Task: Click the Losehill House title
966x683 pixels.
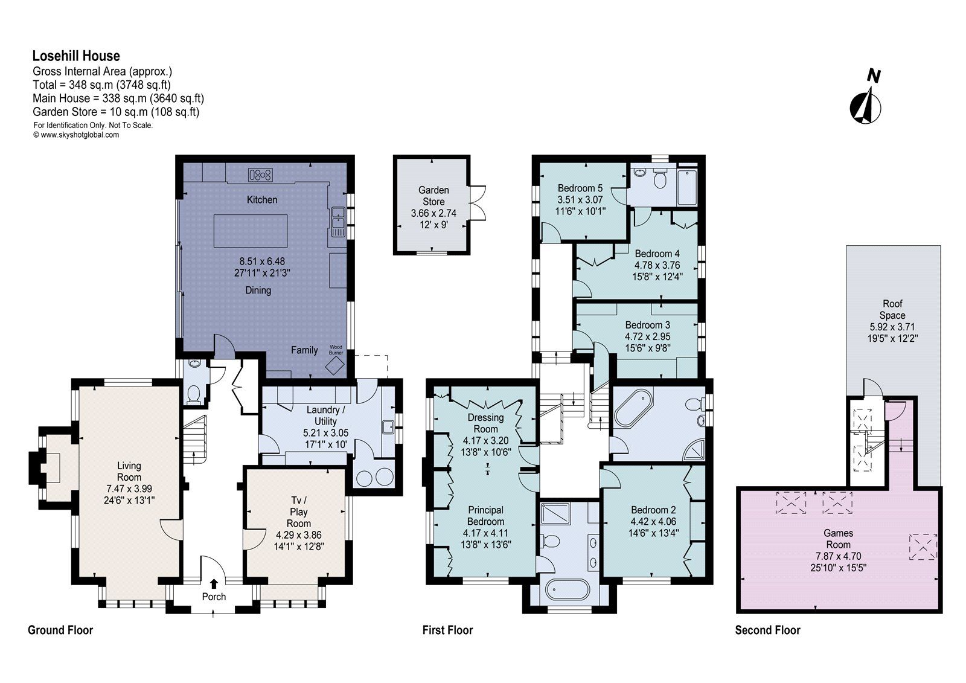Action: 76,56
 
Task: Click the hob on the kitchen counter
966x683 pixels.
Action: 260,175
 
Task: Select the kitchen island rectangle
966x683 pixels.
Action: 250,231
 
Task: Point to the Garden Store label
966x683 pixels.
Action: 433,196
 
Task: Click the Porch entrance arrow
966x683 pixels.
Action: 214,583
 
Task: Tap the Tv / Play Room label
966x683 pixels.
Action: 298,512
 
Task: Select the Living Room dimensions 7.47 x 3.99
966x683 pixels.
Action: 129,489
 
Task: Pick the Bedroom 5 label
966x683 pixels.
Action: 580,188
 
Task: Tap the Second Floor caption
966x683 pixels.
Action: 767,630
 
